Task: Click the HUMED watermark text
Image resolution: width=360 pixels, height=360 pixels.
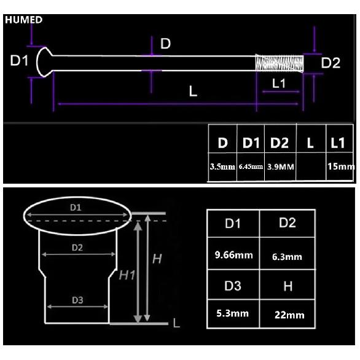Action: pyautogui.click(x=23, y=20)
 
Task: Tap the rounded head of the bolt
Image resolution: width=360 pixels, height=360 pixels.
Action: pyautogui.click(x=44, y=62)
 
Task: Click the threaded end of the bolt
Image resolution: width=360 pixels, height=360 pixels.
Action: pyautogui.click(x=280, y=63)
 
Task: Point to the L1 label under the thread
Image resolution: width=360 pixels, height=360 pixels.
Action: pyautogui.click(x=279, y=83)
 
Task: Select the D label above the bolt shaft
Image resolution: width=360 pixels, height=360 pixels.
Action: pyautogui.click(x=165, y=44)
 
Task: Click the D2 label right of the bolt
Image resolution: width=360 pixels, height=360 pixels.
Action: pyautogui.click(x=331, y=63)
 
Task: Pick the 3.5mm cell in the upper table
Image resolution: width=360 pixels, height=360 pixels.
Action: pyautogui.click(x=222, y=166)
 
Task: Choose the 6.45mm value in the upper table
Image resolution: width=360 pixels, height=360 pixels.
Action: pyautogui.click(x=251, y=166)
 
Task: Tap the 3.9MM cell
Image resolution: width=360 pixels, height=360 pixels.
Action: pyautogui.click(x=281, y=166)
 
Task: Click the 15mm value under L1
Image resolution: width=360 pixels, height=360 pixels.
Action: pyautogui.click(x=341, y=166)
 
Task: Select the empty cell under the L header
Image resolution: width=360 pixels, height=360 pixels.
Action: pyautogui.click(x=311, y=166)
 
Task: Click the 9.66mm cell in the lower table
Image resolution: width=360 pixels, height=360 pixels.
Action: pyautogui.click(x=233, y=255)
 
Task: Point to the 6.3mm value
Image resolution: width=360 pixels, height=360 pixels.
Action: pyautogui.click(x=287, y=257)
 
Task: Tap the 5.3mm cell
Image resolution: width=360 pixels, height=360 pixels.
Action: pyautogui.click(x=232, y=313)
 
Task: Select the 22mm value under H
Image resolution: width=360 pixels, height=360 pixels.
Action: pyautogui.click(x=289, y=315)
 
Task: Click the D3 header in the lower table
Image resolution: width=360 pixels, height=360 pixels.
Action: pyautogui.click(x=233, y=286)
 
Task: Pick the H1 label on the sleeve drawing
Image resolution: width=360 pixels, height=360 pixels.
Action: pyautogui.click(x=127, y=275)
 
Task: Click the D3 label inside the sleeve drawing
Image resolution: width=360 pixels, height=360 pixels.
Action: pyautogui.click(x=77, y=300)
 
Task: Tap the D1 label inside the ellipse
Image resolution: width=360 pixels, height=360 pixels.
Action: pyautogui.click(x=76, y=208)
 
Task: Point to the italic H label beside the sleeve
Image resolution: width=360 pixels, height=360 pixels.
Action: pyautogui.click(x=157, y=259)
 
